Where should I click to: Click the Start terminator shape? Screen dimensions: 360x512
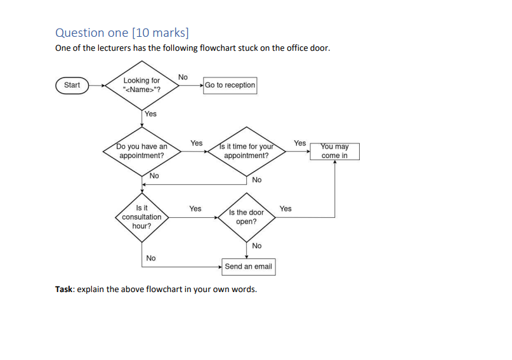pyautogui.click(x=72, y=85)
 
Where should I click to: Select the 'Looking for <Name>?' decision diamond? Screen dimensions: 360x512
pyautogui.click(x=141, y=85)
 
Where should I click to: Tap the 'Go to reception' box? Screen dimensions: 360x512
pyautogui.click(x=230, y=85)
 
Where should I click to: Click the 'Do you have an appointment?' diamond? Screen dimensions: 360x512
pyautogui.click(x=141, y=151)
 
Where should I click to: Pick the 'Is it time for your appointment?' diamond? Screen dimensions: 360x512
pyautogui.click(x=246, y=151)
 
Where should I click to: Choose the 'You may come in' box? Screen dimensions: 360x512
pyautogui.click(x=334, y=151)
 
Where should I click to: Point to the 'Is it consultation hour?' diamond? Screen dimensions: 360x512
pyautogui.click(x=141, y=217)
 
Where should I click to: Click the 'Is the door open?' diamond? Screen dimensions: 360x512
pyautogui.click(x=246, y=217)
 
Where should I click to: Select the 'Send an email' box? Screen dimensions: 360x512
pyautogui.click(x=248, y=267)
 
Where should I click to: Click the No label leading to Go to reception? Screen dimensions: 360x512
pyautogui.click(x=183, y=77)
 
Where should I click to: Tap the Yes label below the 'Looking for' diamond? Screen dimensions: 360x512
pyautogui.click(x=150, y=114)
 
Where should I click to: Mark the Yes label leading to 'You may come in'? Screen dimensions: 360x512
pyautogui.click(x=299, y=143)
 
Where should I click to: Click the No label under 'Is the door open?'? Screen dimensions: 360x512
pyautogui.click(x=256, y=246)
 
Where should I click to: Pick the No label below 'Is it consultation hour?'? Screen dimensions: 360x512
pyautogui.click(x=150, y=258)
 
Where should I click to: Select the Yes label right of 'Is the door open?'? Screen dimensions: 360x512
pyautogui.click(x=286, y=208)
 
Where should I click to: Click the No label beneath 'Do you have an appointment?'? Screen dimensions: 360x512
pyautogui.click(x=154, y=176)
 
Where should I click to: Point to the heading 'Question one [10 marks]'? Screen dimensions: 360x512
pyautogui.click(x=122, y=32)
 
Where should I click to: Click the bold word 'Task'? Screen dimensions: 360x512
pyautogui.click(x=63, y=290)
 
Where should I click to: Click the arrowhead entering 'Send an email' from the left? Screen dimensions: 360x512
pyautogui.click(x=220, y=267)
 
